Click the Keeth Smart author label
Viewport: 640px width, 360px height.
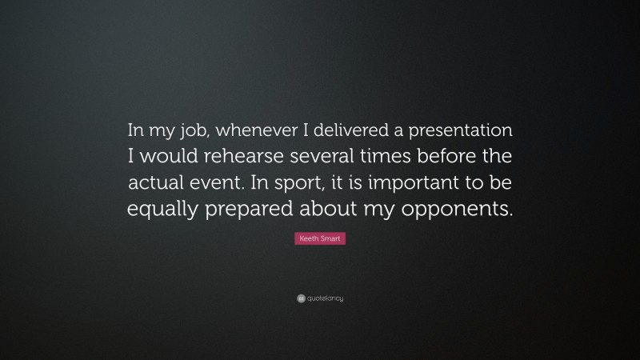click(320, 238)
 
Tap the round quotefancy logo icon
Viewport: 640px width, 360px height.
click(301, 298)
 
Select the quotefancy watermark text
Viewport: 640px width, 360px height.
click(326, 298)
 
